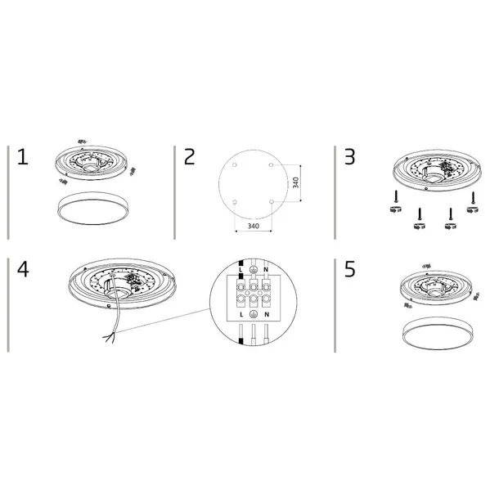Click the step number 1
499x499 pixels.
pos(22,158)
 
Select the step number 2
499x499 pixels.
pos(189,158)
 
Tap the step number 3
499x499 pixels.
pos(350,158)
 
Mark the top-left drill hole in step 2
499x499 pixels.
pos(235,167)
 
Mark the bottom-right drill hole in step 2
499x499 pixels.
pos(267,200)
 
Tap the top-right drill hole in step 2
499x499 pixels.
pos(267,167)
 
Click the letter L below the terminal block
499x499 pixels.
pos(239,313)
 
